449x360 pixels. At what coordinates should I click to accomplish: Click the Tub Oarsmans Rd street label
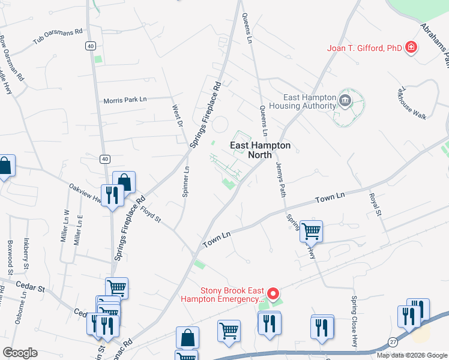click(x=58, y=36)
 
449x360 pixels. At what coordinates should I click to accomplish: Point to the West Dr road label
click(x=177, y=116)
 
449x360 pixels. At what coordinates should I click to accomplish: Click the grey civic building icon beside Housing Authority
click(x=345, y=100)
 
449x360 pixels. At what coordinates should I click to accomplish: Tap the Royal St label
click(x=375, y=203)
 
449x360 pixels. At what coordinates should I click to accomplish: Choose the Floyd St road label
click(x=151, y=214)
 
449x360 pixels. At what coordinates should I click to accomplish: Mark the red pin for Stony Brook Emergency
click(x=273, y=294)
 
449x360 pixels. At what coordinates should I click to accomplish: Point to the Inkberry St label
click(x=26, y=254)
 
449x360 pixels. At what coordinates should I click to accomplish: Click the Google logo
click(x=20, y=352)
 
